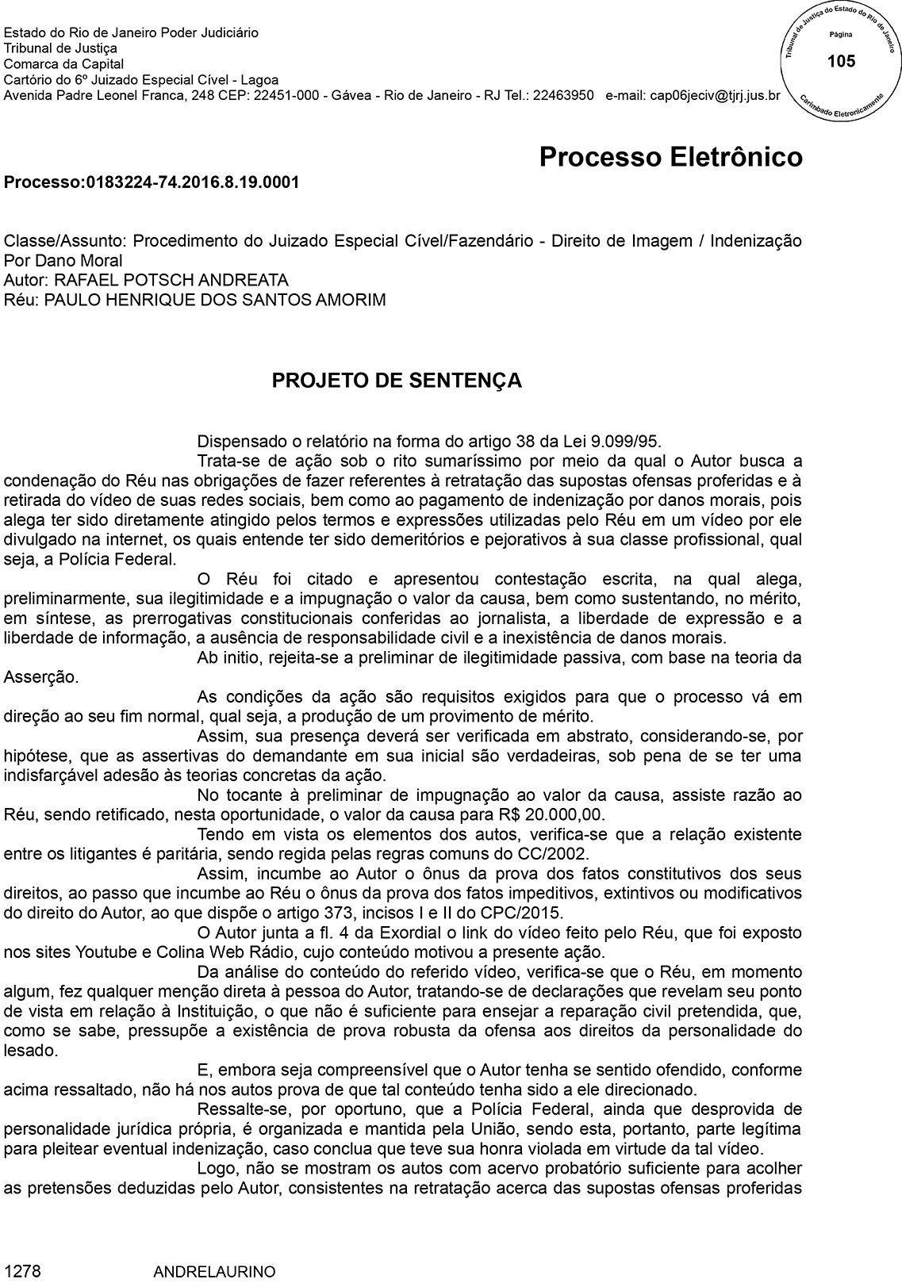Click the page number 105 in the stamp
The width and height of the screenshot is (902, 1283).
(841, 61)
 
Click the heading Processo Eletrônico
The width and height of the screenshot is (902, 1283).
(670, 157)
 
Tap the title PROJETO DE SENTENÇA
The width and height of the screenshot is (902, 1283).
(397, 381)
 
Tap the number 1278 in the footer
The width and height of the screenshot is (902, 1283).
(22, 1271)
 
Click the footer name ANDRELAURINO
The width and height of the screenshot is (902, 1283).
(214, 1272)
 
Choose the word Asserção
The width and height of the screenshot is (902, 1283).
(41, 677)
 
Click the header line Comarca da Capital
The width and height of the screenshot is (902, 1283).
(63, 64)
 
